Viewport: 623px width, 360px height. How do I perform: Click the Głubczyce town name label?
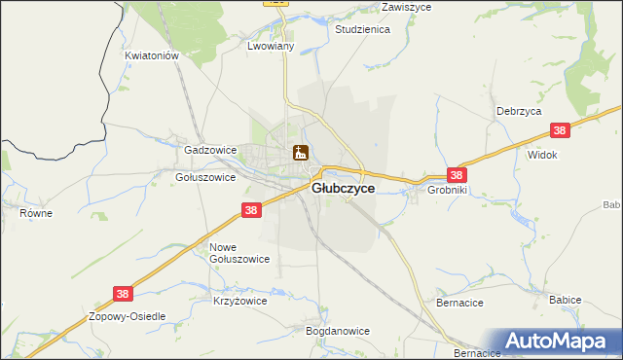(343, 189)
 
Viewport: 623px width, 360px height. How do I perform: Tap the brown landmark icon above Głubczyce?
(301, 153)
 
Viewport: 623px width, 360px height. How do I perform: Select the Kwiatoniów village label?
(153, 56)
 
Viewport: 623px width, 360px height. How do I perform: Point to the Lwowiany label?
(271, 47)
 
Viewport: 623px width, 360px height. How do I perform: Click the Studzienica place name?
(362, 30)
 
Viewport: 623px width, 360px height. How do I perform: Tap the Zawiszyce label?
(381, 6)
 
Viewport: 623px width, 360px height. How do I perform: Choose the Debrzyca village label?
(518, 112)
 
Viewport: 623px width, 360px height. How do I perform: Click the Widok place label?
(541, 155)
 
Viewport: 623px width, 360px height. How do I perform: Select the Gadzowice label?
(210, 151)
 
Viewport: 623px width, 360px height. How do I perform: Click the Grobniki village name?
(448, 191)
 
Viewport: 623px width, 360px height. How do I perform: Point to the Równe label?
(36, 211)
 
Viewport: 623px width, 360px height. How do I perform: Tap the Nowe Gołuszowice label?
(239, 253)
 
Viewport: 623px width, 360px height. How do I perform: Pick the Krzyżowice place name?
(239, 302)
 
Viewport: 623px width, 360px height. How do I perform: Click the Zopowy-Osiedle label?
(128, 317)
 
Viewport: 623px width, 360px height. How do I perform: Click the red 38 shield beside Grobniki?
(458, 175)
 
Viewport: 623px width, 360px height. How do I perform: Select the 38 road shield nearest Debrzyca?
(559, 130)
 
